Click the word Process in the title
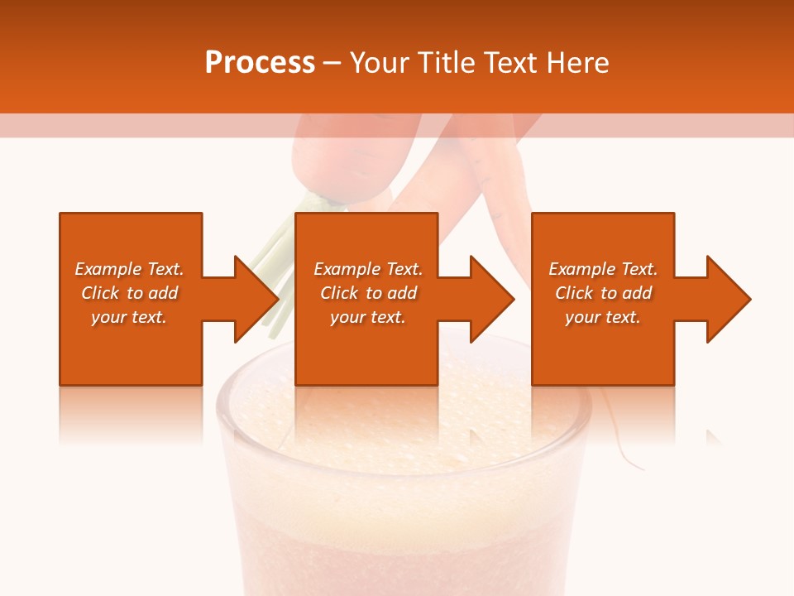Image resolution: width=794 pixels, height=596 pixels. (260, 63)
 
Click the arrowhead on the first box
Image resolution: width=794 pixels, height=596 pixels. (252, 299)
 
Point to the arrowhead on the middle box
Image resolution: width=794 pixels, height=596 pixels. (489, 299)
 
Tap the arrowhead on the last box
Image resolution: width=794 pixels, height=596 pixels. (725, 299)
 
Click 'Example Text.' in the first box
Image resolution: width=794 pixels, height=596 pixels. (129, 269)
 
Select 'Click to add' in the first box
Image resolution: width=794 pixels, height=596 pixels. (129, 293)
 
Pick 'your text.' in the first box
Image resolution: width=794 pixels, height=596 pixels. (129, 317)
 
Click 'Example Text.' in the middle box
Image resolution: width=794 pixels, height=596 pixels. (368, 269)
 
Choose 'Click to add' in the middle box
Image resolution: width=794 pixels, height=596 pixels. (368, 293)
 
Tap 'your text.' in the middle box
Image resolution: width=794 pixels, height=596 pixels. (368, 317)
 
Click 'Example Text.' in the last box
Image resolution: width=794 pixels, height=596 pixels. (603, 269)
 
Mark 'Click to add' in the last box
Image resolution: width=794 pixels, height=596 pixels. (603, 293)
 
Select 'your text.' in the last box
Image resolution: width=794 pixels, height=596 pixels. (603, 317)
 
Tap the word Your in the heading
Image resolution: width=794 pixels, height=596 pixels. (380, 63)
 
